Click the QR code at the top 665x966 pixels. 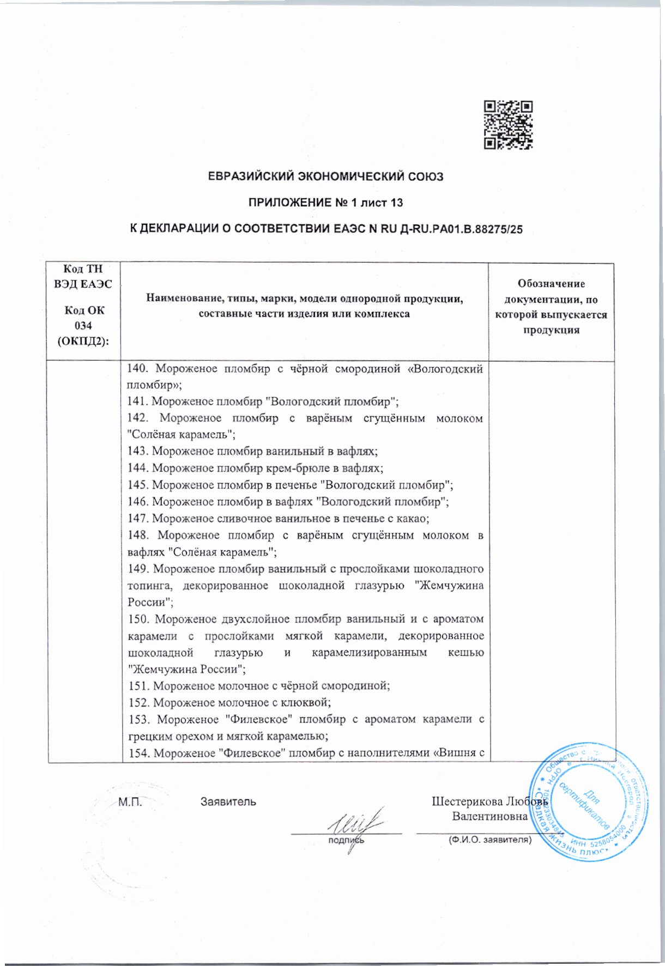click(x=508, y=125)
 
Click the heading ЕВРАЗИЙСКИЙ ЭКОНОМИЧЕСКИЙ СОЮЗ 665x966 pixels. click(x=326, y=177)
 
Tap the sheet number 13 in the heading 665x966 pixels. click(x=396, y=203)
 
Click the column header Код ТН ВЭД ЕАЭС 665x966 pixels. click(x=83, y=276)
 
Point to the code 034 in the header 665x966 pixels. click(x=83, y=326)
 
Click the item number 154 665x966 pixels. click(x=138, y=753)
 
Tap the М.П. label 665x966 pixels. click(x=130, y=802)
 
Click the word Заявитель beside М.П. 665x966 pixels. click(x=228, y=802)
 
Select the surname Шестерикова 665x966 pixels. click(x=467, y=801)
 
